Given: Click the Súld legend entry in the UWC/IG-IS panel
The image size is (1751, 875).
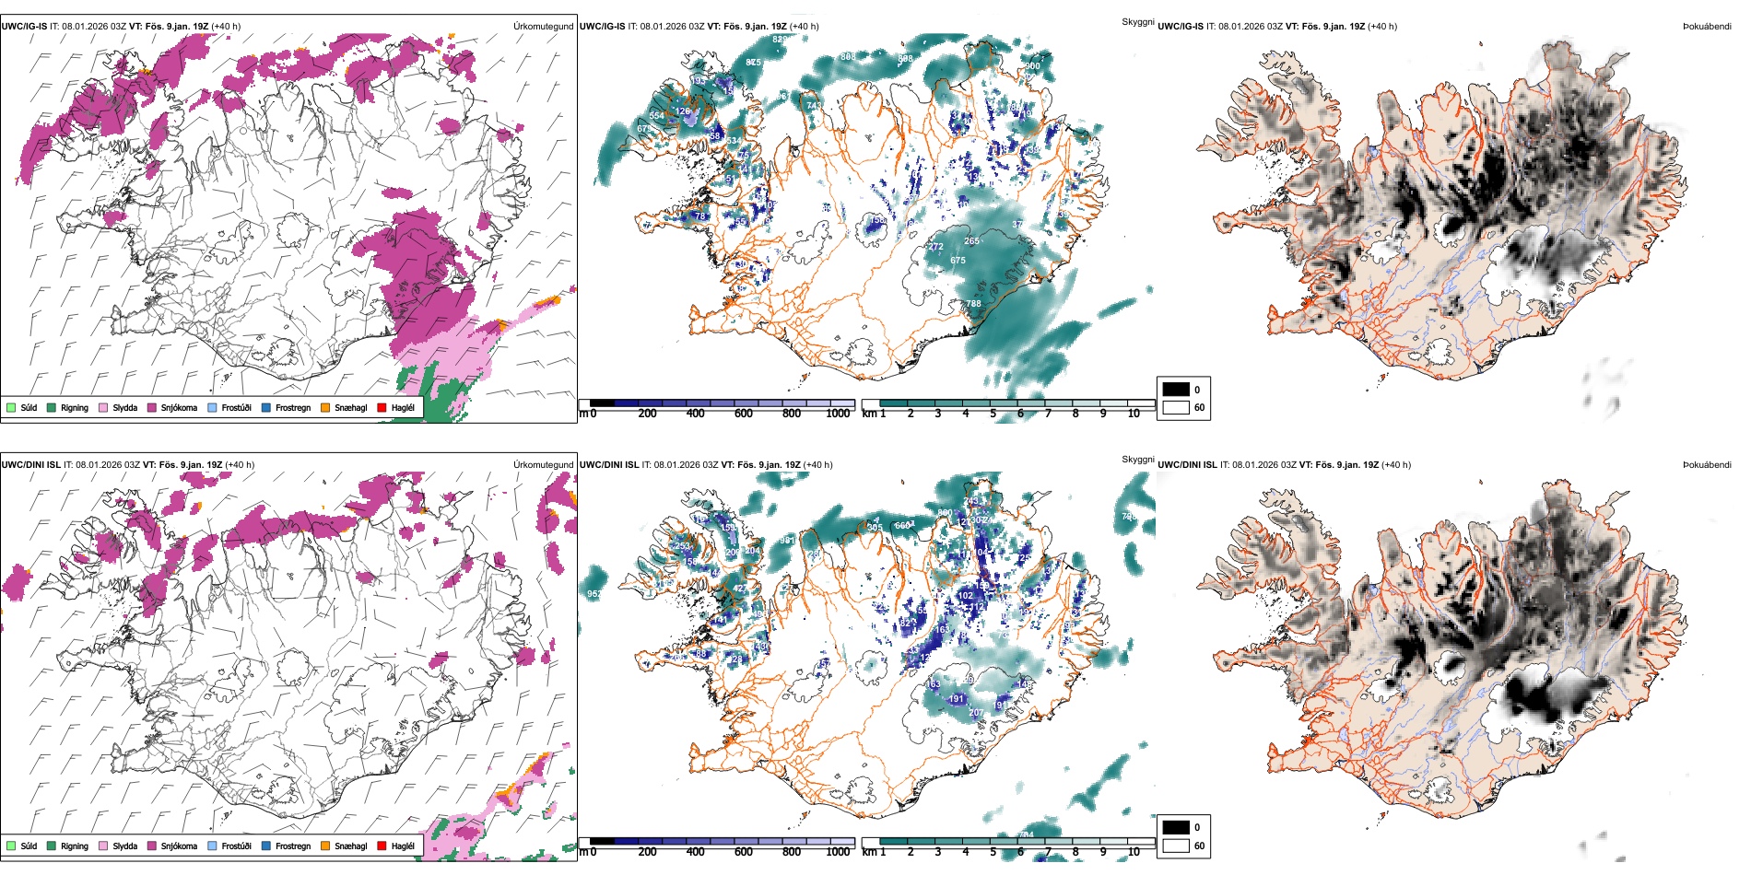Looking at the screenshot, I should coord(22,407).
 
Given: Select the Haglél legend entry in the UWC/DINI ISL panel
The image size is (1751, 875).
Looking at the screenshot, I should coord(396,846).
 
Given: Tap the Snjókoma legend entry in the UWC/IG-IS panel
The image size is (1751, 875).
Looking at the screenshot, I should coord(172,407).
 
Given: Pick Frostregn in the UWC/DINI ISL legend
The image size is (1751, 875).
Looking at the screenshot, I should coord(286,846).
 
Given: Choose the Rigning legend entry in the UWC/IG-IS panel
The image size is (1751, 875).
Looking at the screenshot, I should coord(68,407).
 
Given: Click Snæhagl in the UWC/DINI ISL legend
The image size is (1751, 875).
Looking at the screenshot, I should coord(344,846).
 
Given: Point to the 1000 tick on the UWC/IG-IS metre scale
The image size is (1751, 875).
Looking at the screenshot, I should coord(838,414).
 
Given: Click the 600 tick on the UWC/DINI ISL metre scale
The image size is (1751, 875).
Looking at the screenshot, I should coord(743,852).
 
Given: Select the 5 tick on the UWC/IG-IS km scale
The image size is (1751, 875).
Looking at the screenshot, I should coord(993,414).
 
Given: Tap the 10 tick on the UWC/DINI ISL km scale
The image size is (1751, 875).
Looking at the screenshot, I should coord(1134,852).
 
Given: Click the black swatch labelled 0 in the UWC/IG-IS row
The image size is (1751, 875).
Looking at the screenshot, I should coord(1176,390).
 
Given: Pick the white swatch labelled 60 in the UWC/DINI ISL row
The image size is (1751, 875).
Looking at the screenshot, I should coord(1176,846).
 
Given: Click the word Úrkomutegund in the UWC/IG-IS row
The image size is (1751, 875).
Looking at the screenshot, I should coord(543,27).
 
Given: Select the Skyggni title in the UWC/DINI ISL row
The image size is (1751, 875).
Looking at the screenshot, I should coord(1138,460).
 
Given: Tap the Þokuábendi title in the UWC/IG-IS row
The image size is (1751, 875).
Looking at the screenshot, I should coord(1707,27).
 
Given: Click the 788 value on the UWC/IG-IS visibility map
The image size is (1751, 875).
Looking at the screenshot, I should coord(973,303).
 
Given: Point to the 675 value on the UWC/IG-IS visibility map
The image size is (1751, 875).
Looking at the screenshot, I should coord(958,261).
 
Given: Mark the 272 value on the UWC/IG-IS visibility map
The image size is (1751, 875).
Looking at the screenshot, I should coord(935,247).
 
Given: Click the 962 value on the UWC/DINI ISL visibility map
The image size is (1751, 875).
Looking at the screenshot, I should coord(593,594).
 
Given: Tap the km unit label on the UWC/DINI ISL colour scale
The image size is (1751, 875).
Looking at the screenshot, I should coord(869,852).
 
